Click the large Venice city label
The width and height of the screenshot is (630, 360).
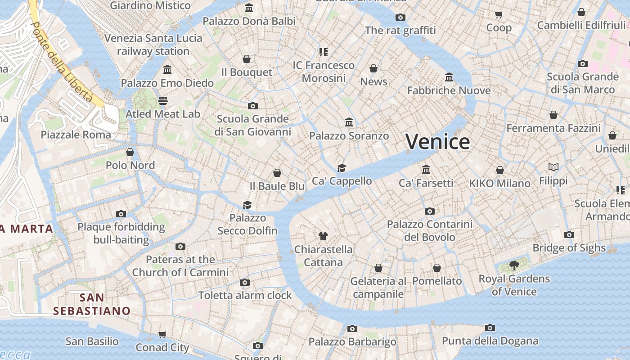(438, 142)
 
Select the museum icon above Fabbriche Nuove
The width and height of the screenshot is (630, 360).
(449, 77)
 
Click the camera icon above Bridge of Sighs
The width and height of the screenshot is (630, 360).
(569, 234)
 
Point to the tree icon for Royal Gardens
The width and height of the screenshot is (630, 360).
(514, 265)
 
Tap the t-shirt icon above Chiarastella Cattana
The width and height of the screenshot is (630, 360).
(323, 236)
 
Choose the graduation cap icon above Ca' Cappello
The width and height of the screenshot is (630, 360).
(342, 168)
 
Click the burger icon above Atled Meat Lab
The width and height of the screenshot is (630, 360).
(162, 100)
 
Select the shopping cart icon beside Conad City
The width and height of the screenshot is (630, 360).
(162, 334)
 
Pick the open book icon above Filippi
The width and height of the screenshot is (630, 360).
(553, 167)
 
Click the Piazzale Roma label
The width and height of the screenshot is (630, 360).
(76, 135)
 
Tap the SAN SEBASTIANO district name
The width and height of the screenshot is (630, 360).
(92, 304)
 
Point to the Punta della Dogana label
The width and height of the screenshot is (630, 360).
(490, 341)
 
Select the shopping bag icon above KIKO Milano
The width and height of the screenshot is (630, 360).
(499, 170)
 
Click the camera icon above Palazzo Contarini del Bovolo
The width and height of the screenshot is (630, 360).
(430, 211)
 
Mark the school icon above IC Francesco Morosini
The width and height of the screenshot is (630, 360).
(324, 52)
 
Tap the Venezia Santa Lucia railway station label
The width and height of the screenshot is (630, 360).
(153, 45)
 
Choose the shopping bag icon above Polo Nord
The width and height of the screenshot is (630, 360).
(130, 152)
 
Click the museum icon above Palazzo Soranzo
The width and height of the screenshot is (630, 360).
(349, 122)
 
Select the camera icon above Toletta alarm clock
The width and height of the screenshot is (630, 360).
(245, 282)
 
